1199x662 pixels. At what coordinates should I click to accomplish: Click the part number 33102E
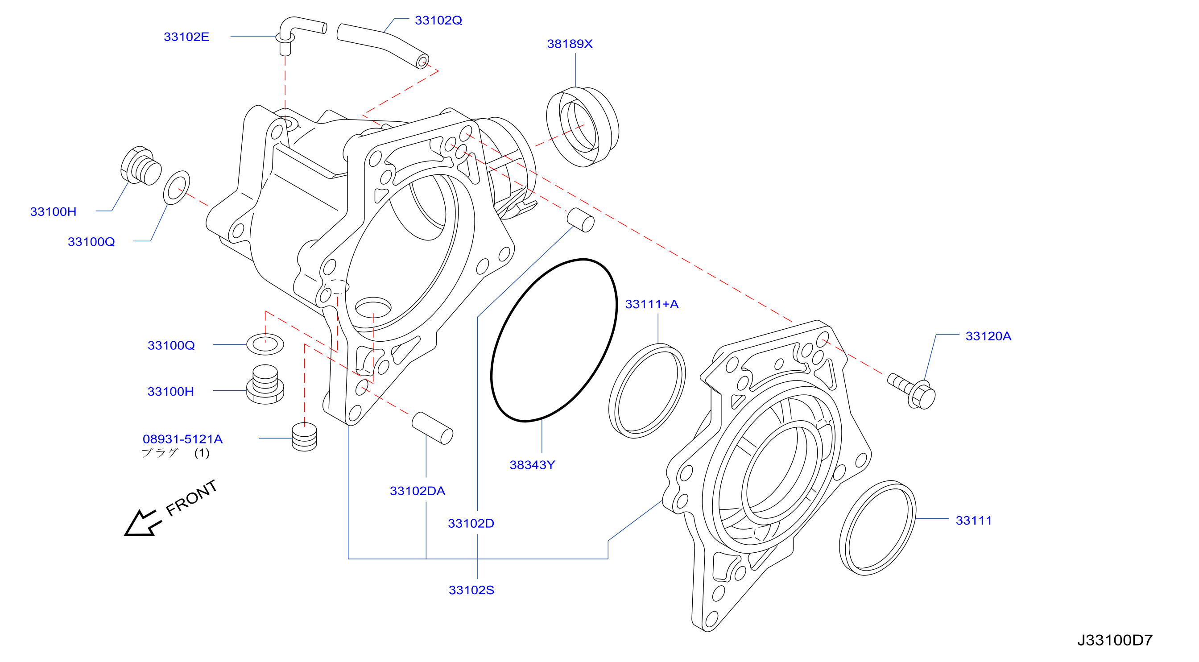(x=186, y=37)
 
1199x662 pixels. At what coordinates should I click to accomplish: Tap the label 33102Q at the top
(x=438, y=21)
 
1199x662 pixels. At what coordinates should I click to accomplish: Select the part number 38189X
(x=569, y=44)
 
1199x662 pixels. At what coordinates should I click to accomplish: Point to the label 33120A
(x=988, y=336)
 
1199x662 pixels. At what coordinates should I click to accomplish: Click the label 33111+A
(x=651, y=304)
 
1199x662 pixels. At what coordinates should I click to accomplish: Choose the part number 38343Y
(x=532, y=465)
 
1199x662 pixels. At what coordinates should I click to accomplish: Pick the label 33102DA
(x=417, y=491)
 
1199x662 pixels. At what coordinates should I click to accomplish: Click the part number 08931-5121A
(x=182, y=439)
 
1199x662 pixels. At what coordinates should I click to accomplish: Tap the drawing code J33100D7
(x=1114, y=640)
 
